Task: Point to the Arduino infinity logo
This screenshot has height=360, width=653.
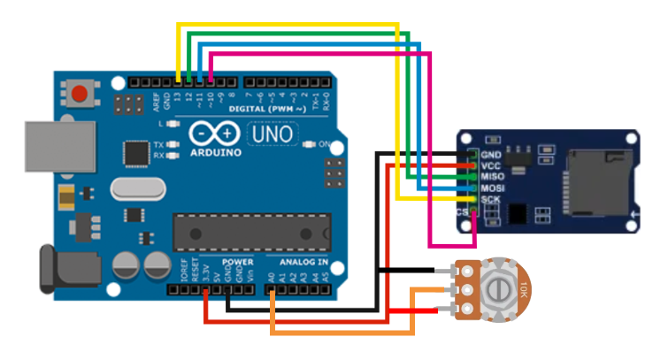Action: click(x=214, y=134)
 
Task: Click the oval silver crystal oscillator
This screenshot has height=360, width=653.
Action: click(x=136, y=189)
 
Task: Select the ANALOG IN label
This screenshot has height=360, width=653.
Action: click(x=303, y=263)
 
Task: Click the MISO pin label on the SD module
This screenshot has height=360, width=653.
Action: click(x=493, y=176)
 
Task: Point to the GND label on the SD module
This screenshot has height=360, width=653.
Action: click(x=492, y=153)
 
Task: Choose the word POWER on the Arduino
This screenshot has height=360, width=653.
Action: click(x=238, y=263)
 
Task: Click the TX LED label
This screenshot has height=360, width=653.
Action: click(x=158, y=144)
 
